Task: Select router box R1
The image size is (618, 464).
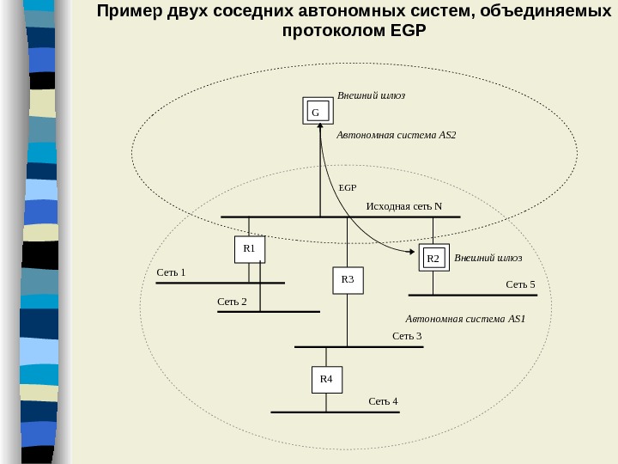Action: pos(250,248)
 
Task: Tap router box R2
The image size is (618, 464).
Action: pos(433,258)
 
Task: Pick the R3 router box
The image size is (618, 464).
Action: pos(348,280)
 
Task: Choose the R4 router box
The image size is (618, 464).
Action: pos(326,379)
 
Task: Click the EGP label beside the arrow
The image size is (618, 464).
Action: pos(347,186)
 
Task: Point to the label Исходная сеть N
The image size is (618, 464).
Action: pos(403,206)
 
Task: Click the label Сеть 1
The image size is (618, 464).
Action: pos(172,272)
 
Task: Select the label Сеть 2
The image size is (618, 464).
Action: pos(232,302)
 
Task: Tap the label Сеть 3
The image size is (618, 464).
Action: pos(407,335)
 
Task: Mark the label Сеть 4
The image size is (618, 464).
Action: pos(383,401)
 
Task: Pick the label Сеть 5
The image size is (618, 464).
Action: pos(520,284)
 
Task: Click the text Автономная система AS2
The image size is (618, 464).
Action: pos(396,135)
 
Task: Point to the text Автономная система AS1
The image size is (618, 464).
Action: pos(464,319)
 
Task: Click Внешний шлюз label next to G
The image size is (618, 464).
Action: pos(370,96)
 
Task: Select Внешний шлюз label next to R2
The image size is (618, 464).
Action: pos(488,257)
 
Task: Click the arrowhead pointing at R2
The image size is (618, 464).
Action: pos(415,252)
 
